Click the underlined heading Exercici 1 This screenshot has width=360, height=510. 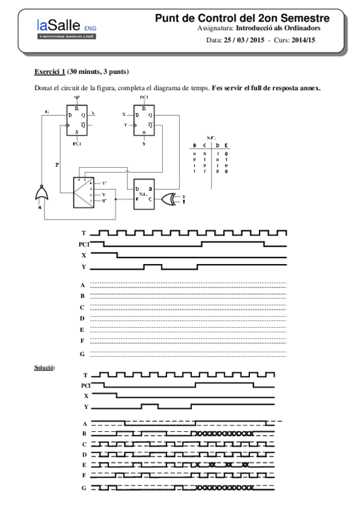click(50, 72)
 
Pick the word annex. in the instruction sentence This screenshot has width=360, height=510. click(309, 88)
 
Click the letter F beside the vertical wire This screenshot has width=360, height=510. click(58, 163)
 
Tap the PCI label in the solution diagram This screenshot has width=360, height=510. click(85, 384)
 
